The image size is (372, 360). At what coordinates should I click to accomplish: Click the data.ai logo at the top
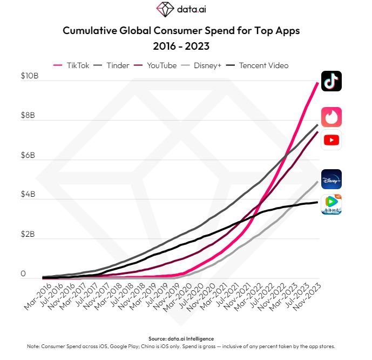(x=181, y=9)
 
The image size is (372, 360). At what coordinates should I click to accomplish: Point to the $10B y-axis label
(x=30, y=76)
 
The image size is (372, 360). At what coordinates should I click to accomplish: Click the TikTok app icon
(x=331, y=82)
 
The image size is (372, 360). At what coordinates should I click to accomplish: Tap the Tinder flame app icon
(x=331, y=117)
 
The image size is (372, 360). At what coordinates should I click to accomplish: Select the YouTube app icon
(x=331, y=140)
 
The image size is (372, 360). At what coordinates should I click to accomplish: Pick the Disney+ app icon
(x=331, y=179)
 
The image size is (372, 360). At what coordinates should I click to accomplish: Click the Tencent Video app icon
(x=331, y=204)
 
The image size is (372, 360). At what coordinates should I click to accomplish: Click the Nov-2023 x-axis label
(x=309, y=297)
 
